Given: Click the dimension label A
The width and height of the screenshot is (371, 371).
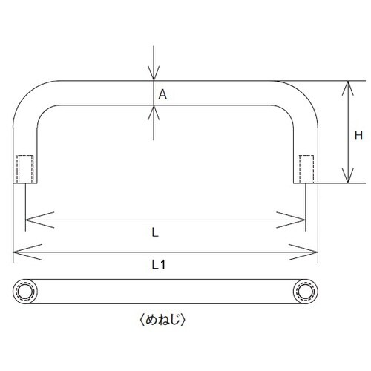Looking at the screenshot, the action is point(162,94).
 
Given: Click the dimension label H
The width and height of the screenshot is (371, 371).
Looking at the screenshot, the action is point(358,136).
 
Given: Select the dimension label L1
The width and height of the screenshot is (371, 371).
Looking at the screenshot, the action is point(159,265).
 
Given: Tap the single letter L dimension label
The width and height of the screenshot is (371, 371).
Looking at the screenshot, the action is point(155,232).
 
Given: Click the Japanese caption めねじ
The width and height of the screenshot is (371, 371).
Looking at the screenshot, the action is point(162,320).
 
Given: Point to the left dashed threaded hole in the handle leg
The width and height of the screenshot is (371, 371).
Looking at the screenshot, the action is point(25,169).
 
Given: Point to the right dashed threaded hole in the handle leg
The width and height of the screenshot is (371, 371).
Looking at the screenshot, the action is point(306,169).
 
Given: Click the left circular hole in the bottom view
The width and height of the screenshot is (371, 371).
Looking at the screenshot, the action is point(25,292).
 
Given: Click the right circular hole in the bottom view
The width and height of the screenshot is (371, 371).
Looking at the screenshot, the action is point(305,292).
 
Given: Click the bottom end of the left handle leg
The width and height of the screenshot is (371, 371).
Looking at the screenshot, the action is point(25,183).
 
